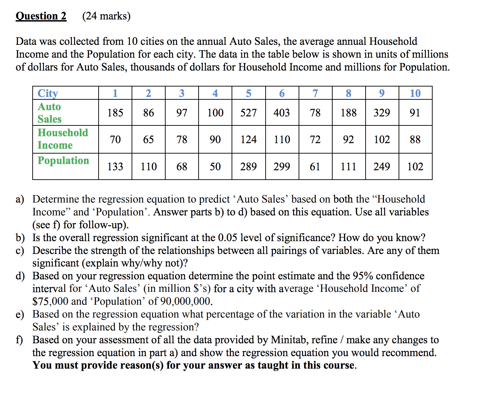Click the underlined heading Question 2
pyautogui.click(x=41, y=16)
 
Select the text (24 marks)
pyautogui.click(x=106, y=16)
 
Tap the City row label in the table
pyautogui.click(x=48, y=93)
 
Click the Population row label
pyautogui.click(x=63, y=161)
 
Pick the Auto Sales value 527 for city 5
pyautogui.click(x=248, y=113)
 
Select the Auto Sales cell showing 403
pyautogui.click(x=282, y=113)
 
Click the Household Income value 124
pyautogui.click(x=248, y=139)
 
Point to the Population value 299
pyautogui.click(x=282, y=166)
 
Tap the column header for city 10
pyautogui.click(x=415, y=93)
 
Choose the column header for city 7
pyautogui.click(x=315, y=93)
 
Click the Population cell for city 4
pyautogui.click(x=215, y=166)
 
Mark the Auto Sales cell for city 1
pyautogui.click(x=115, y=113)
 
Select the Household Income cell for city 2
pyautogui.click(x=148, y=139)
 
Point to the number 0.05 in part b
pyautogui.click(x=228, y=238)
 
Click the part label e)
pyautogui.click(x=20, y=314)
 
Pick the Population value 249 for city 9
pyautogui.click(x=382, y=166)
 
